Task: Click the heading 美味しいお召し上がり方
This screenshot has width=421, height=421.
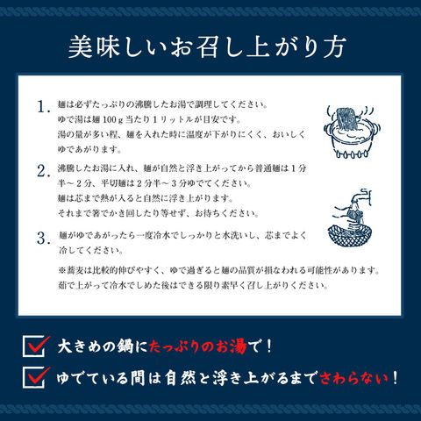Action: point(207,47)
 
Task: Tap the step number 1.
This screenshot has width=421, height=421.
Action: point(42,107)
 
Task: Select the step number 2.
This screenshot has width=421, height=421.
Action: point(42,171)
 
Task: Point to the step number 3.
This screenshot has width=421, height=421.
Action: point(42,239)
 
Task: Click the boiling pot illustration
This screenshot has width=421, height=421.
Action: point(351,132)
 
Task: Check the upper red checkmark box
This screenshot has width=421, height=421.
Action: point(36,346)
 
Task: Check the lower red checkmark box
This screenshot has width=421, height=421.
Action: point(36,378)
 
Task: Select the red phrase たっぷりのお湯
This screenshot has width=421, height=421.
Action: point(198,346)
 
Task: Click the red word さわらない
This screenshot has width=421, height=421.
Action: point(354,378)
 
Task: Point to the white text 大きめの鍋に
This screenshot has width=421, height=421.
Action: point(103,346)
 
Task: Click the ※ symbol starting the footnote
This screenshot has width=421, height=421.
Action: point(62,270)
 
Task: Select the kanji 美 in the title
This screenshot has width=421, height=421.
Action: point(80,47)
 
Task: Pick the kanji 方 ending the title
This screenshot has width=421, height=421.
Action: point(335,47)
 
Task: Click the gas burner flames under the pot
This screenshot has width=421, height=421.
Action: point(351,153)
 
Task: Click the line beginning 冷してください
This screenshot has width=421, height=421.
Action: point(90,250)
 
